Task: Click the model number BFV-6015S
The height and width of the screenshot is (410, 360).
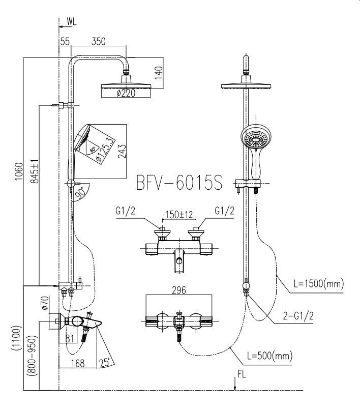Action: (179, 183)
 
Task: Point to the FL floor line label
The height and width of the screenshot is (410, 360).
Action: (243, 377)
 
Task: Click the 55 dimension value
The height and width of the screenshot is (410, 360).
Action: (65, 42)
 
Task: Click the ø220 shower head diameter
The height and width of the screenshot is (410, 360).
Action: (125, 93)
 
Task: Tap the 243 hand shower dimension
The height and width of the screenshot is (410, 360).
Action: (122, 151)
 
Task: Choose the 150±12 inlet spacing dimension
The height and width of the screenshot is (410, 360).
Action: (178, 215)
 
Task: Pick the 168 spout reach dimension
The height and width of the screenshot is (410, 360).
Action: (77, 363)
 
